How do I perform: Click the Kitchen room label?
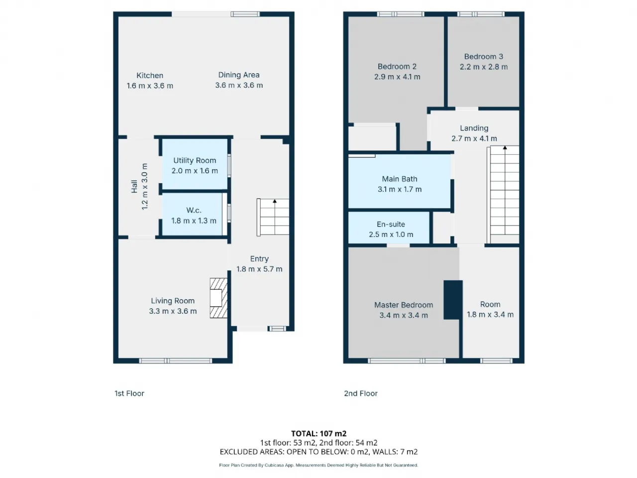coord(150,76)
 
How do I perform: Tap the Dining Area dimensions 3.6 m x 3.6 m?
coord(239,85)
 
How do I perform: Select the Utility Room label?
coord(195,160)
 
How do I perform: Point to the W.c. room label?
coord(194,210)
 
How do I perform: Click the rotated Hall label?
coord(134,187)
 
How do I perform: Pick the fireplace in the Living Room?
coord(218,298)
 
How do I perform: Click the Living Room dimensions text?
coord(173,311)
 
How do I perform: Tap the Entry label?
coord(259,259)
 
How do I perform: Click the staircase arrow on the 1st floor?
coord(275,201)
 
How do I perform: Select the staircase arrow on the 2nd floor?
coord(505,148)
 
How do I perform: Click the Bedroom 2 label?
coord(397,66)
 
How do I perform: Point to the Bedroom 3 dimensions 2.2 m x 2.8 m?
coord(484,67)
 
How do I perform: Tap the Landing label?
coord(474,128)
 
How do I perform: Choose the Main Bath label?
coord(399,179)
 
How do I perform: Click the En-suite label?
coord(391,225)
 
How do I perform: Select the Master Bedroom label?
coord(404,305)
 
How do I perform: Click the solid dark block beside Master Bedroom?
coord(453,300)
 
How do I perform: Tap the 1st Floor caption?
coord(129,393)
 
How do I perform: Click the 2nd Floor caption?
coord(361,393)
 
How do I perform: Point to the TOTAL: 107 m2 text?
coord(318,434)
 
